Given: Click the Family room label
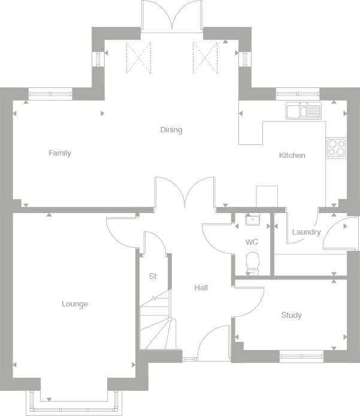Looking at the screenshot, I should tap(60, 153).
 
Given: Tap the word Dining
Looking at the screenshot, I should tap(171, 130).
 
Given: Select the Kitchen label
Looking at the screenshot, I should tap(292, 156).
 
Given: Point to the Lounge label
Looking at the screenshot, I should tap(75, 304).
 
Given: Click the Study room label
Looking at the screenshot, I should tap(292, 315).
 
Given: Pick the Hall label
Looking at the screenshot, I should tap(201, 288).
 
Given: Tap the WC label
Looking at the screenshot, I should tap(252, 243).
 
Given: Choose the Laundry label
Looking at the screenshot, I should tap(306, 232).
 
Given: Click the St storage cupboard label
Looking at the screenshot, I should tap(153, 277).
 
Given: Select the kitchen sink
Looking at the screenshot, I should tap(304, 111).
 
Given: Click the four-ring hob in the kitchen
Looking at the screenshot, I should tap(336, 148).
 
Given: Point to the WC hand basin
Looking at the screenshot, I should tap(252, 220).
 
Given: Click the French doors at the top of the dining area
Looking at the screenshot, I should tap(172, 16).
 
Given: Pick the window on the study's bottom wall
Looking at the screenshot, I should tap(302, 357).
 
